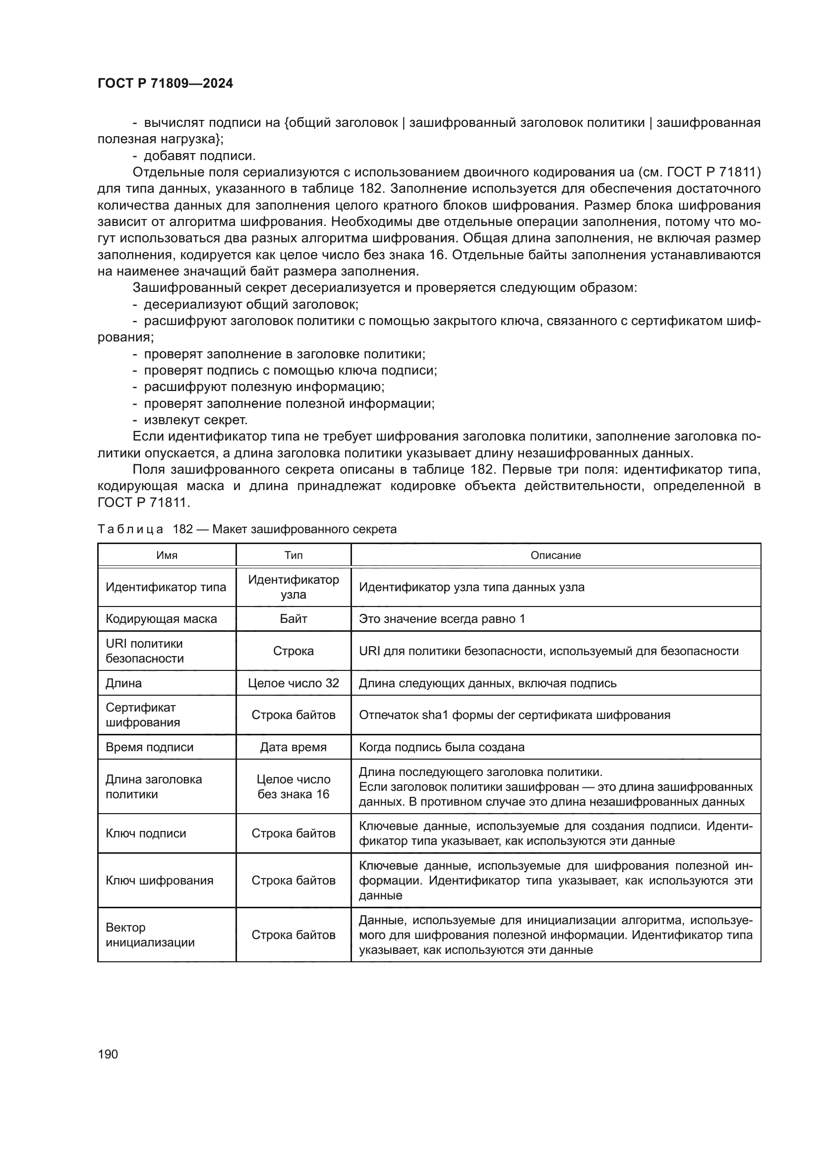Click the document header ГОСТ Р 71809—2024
pos(165,83)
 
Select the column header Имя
pos(167,555)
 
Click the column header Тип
pos(293,555)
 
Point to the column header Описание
pos(555,555)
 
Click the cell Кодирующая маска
pos(161,619)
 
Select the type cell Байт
pos(293,619)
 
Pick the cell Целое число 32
pos(293,683)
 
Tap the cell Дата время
pos(293,747)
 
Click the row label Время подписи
pos(149,747)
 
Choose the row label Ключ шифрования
pos(160,881)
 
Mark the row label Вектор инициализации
pos(150,935)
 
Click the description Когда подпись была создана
pos(441,747)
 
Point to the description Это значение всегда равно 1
pos(442,619)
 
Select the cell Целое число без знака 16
pos(293,786)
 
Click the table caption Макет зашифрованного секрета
pos(304,529)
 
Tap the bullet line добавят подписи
pos(199,156)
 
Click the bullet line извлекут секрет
pos(195,420)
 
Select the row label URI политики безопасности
pos(145,651)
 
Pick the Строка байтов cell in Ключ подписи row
pos(293,833)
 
